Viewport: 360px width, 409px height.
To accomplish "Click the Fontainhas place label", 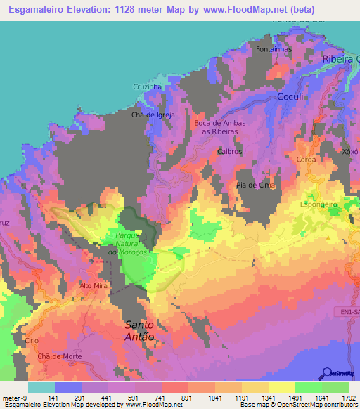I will pyautogui.click(x=292, y=49).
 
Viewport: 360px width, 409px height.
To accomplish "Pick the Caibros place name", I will pyautogui.click(x=230, y=151).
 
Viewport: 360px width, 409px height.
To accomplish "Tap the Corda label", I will pyautogui.click(x=307, y=160).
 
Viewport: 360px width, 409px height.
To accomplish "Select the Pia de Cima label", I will pyautogui.click(x=253, y=185).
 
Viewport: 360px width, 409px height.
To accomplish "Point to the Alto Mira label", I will pyautogui.click(x=92, y=286).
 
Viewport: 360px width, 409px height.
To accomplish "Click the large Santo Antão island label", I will pyautogui.click(x=139, y=330).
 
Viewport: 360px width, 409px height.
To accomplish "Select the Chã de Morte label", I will pyautogui.click(x=60, y=356).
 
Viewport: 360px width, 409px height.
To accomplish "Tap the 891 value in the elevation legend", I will pyautogui.click(x=188, y=398).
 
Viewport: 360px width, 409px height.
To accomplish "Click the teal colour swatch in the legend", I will pyautogui.click(x=41, y=387).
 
